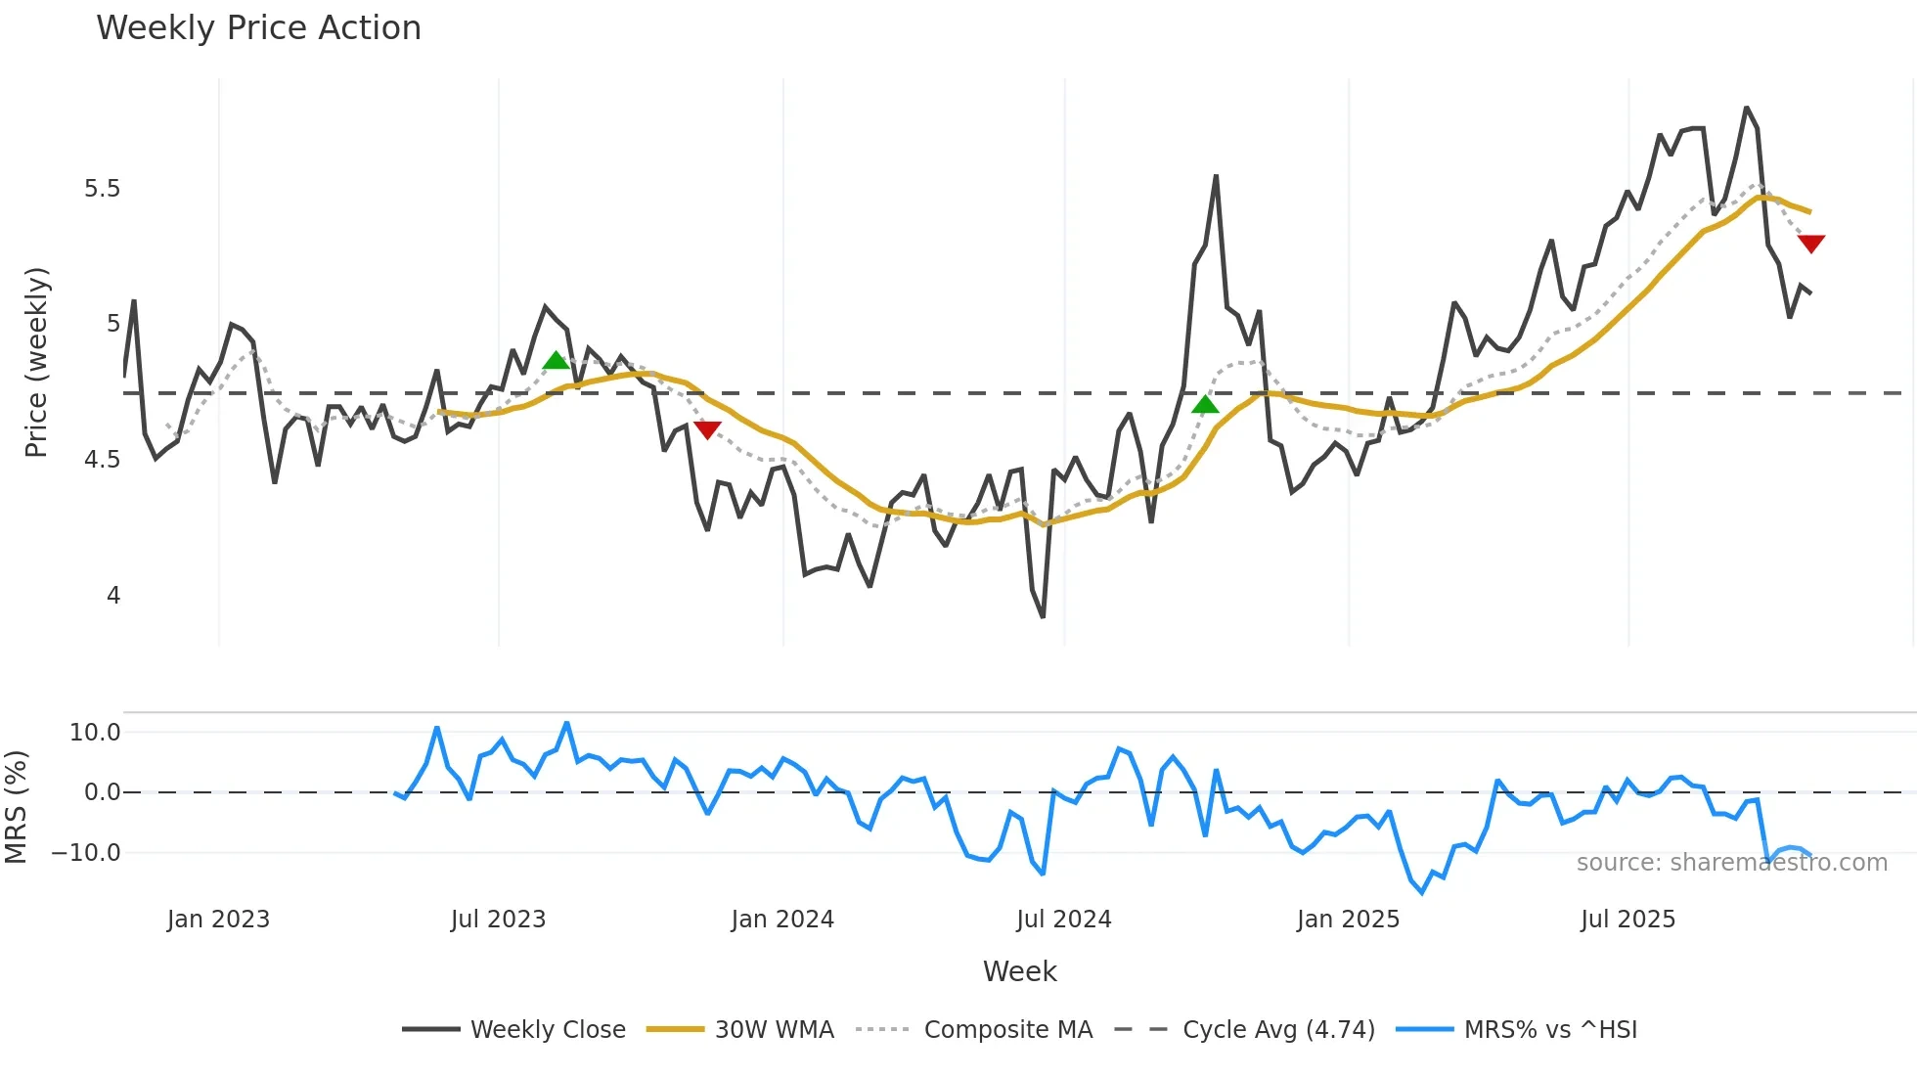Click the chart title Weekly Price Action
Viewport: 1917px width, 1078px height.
coord(258,28)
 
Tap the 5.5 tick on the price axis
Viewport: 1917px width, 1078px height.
coord(102,189)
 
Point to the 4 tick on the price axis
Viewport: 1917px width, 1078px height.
coord(113,596)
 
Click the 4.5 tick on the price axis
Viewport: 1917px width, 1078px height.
coord(102,460)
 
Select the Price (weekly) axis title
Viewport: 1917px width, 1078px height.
coord(36,362)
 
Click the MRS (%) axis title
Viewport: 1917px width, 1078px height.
coord(16,807)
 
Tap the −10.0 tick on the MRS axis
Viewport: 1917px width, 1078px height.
coord(86,853)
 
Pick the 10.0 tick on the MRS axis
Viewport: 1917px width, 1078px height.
coord(95,733)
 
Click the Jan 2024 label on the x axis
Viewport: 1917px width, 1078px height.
coord(782,920)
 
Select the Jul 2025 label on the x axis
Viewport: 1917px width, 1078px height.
coord(1627,920)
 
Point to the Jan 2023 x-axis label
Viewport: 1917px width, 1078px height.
coord(218,920)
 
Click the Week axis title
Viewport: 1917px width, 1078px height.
coord(1019,971)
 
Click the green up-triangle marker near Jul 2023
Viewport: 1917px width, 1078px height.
coord(556,361)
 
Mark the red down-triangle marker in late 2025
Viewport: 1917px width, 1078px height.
coord(1811,243)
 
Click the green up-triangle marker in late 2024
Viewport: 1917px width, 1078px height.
coord(1205,404)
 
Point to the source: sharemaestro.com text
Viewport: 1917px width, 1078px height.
coord(1731,863)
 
